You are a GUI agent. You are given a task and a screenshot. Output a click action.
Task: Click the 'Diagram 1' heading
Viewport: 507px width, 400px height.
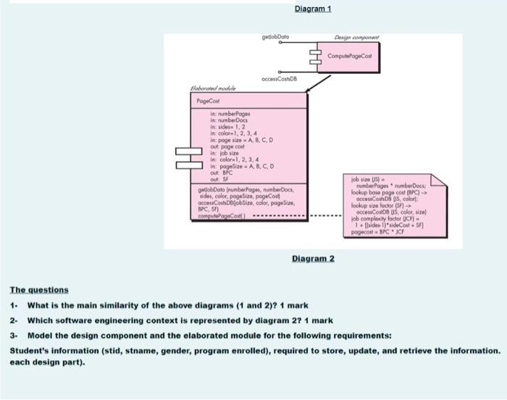(314, 9)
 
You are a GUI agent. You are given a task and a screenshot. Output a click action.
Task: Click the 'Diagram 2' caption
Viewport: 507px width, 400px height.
(312, 258)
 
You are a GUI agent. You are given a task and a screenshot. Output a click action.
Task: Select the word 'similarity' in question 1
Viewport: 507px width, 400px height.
(104, 305)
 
